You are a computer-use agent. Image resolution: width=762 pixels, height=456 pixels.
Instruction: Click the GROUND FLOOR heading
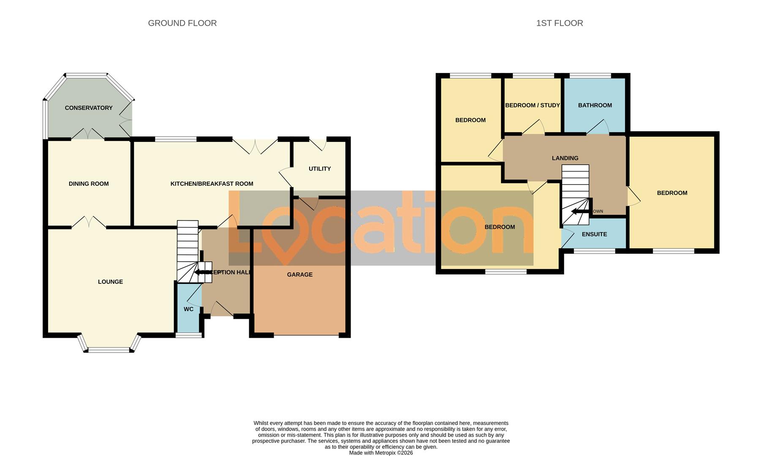pyautogui.click(x=182, y=23)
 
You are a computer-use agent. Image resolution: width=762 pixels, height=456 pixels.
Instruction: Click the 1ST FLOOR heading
pyautogui.click(x=559, y=23)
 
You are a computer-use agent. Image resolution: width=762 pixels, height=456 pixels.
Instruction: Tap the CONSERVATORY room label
pyautogui.click(x=89, y=108)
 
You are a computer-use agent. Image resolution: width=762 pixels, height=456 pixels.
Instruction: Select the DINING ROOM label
pyautogui.click(x=89, y=184)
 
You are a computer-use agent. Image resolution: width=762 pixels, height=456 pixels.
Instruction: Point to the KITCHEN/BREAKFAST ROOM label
pyautogui.click(x=212, y=184)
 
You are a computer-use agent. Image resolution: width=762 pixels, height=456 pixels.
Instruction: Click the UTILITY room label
pyautogui.click(x=319, y=169)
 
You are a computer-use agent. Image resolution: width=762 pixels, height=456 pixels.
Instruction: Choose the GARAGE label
pyautogui.click(x=299, y=275)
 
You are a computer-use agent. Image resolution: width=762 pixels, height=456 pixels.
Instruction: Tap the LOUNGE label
pyautogui.click(x=110, y=282)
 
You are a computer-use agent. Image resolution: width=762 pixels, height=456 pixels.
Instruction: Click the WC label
pyautogui.click(x=188, y=309)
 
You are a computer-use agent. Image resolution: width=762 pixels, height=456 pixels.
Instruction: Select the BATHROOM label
pyautogui.click(x=595, y=106)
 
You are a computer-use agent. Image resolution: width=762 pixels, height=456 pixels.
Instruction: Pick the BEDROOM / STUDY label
pyautogui.click(x=532, y=106)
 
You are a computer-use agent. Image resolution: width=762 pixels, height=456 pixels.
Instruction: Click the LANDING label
pyautogui.click(x=565, y=158)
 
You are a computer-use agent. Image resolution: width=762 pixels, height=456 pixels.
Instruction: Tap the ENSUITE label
pyautogui.click(x=594, y=234)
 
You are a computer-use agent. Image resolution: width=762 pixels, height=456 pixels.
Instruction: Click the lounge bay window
pyautogui.click(x=109, y=350)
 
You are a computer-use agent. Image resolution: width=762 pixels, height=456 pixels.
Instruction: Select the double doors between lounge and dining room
pyautogui.click(x=89, y=223)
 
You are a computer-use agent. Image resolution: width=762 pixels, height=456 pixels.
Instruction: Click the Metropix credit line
pyautogui.click(x=381, y=453)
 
